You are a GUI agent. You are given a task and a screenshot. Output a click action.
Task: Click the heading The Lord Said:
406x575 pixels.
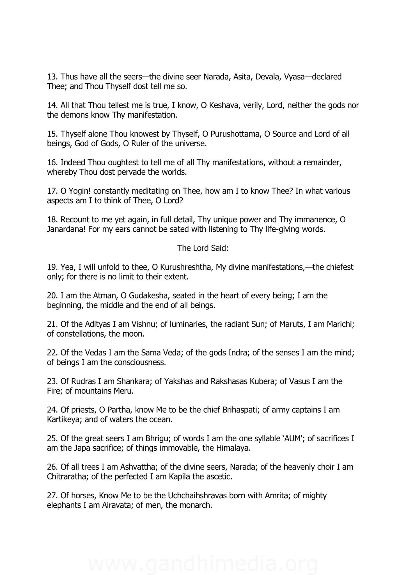(x=203, y=248)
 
